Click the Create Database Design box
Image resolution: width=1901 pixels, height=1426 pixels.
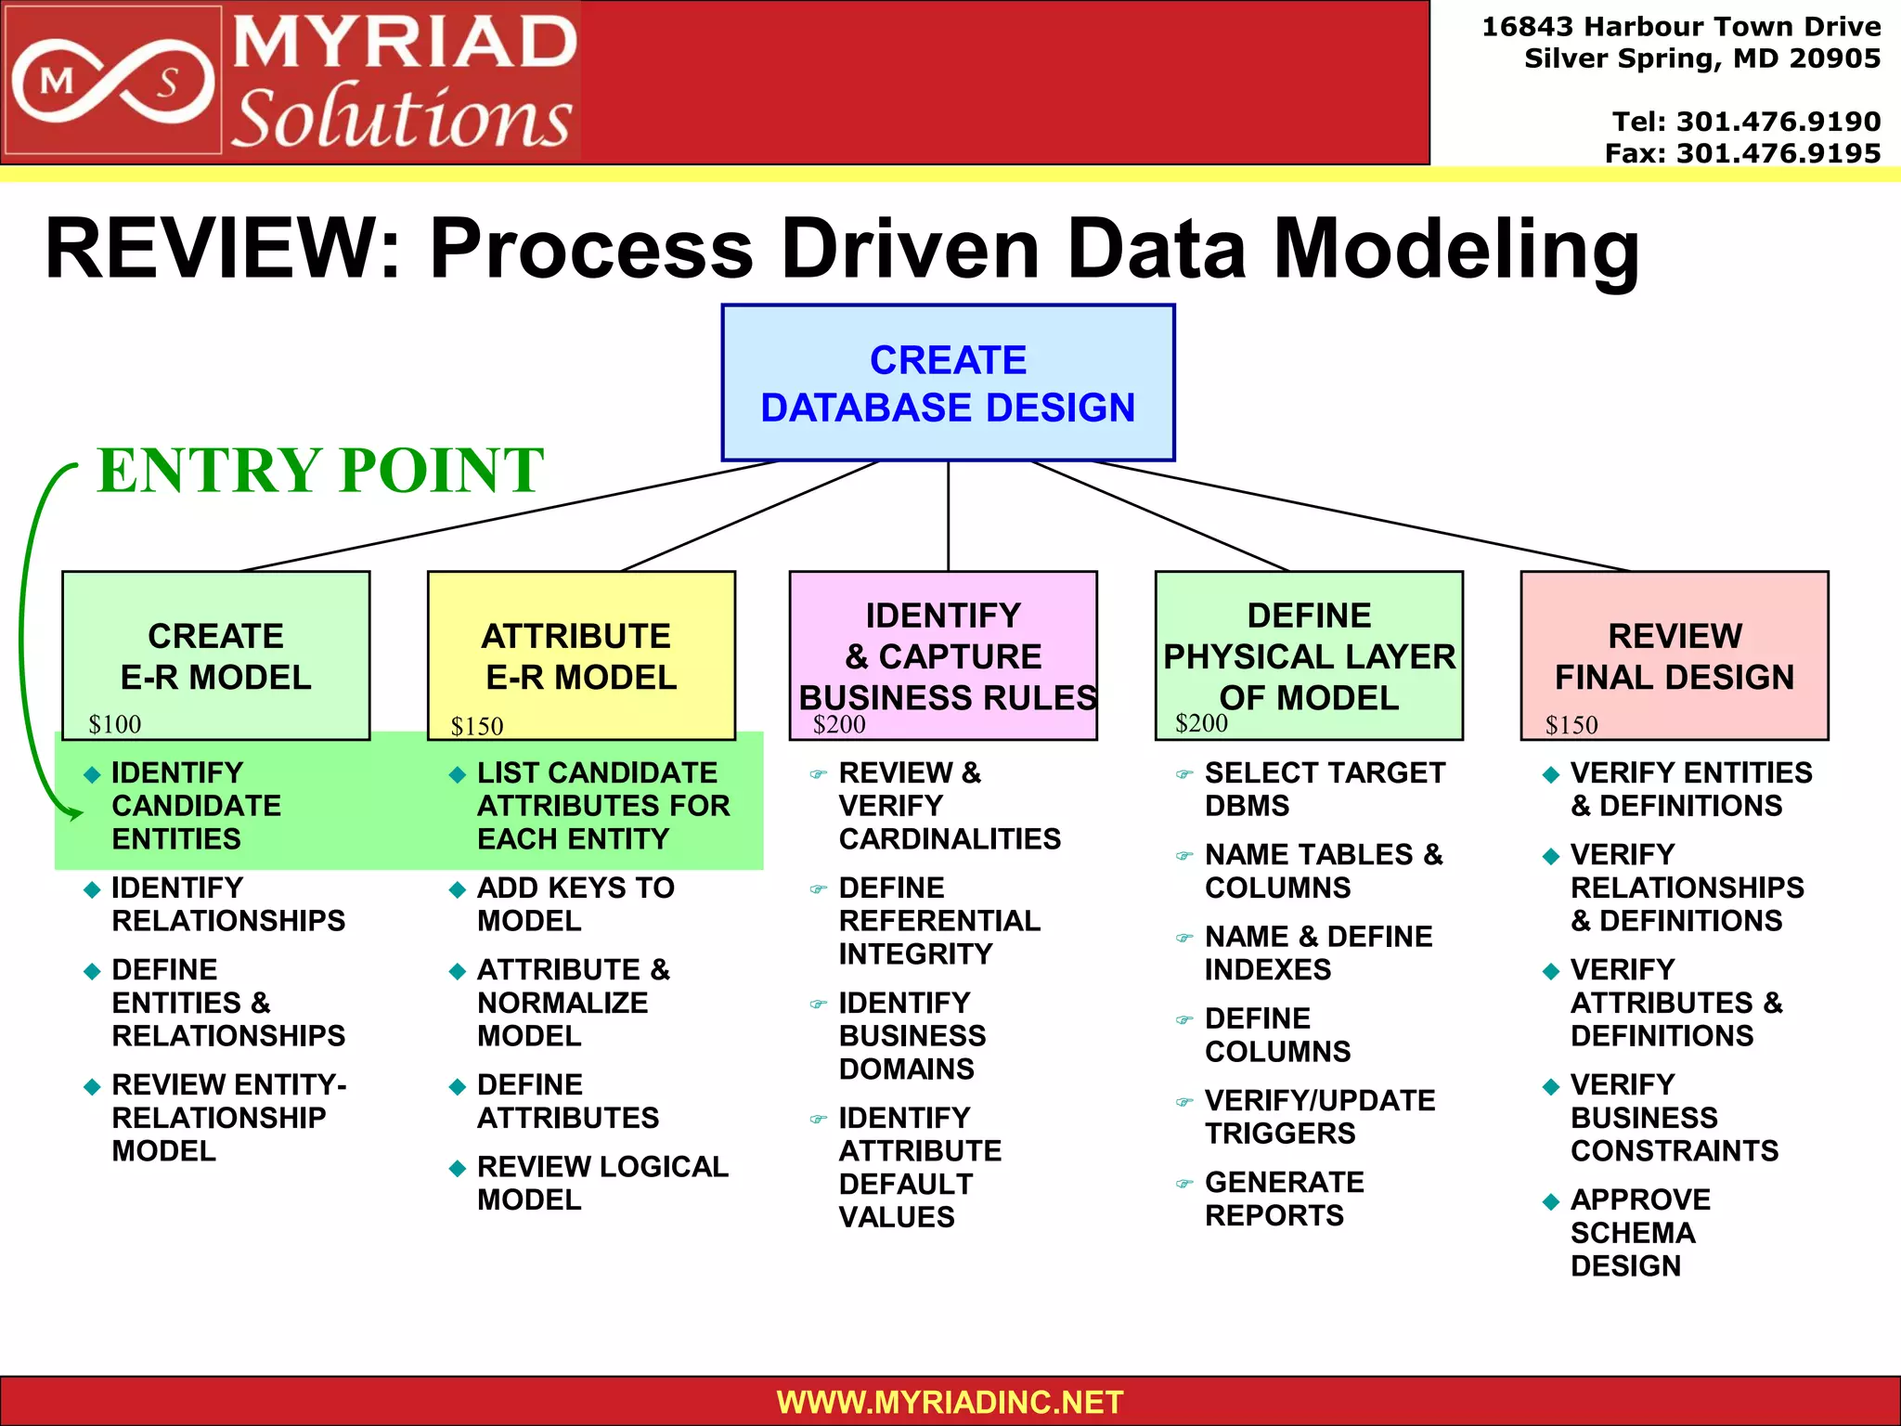tap(948, 382)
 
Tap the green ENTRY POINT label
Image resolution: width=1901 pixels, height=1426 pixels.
tap(320, 470)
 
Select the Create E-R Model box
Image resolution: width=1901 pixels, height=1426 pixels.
tap(215, 655)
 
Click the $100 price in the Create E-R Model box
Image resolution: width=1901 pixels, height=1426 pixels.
tap(115, 724)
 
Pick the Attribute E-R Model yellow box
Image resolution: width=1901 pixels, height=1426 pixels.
tap(581, 655)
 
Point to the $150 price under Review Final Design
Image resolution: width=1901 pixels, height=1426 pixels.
tap(1571, 725)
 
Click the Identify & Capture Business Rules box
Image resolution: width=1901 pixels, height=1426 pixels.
tap(943, 655)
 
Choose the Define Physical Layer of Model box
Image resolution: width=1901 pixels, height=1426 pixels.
tap(1309, 655)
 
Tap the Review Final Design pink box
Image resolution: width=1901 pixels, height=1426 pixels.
tap(1675, 655)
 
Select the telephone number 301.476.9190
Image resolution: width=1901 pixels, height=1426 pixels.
tap(1778, 122)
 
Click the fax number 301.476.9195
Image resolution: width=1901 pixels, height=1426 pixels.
tap(1778, 153)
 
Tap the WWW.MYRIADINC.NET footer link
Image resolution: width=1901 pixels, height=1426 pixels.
tap(950, 1402)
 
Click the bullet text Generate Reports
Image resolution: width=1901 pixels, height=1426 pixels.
tap(1284, 1199)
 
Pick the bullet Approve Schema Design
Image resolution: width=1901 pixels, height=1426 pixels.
tap(1640, 1232)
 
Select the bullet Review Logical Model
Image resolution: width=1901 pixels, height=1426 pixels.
tap(601, 1183)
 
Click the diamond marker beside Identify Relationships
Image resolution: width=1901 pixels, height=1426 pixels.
tap(92, 890)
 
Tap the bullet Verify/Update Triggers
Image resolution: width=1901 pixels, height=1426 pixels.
tap(1319, 1117)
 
